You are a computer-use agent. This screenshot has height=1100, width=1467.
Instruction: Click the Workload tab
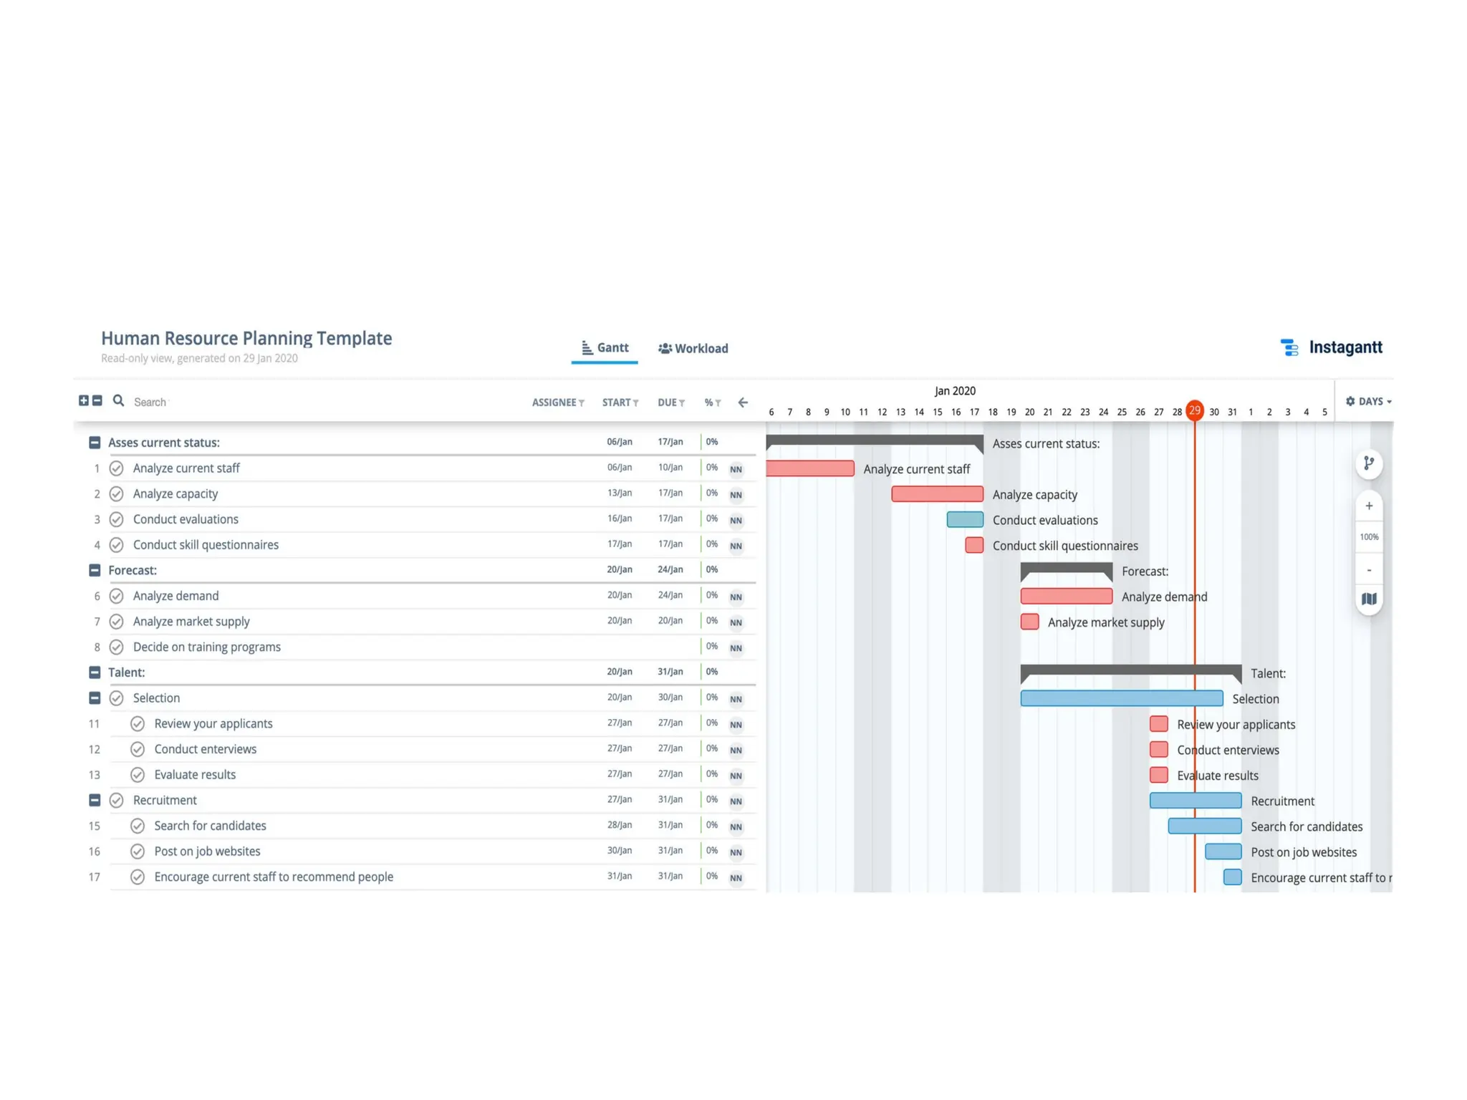pyautogui.click(x=693, y=349)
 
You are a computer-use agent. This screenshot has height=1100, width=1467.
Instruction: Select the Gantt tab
pyautogui.click(x=605, y=348)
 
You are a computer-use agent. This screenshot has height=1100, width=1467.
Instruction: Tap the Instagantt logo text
pyautogui.click(x=1345, y=347)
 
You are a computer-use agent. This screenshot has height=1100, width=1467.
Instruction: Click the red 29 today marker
pyautogui.click(x=1194, y=410)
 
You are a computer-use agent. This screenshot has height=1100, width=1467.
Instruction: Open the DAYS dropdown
pyautogui.click(x=1368, y=402)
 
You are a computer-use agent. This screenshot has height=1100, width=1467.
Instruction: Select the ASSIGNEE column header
pyautogui.click(x=557, y=402)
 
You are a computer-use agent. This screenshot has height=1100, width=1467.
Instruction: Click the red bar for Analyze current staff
pyautogui.click(x=809, y=469)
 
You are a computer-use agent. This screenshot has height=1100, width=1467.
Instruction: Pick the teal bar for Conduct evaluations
pyautogui.click(x=964, y=520)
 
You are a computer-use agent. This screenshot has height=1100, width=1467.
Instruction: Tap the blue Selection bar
pyautogui.click(x=1121, y=698)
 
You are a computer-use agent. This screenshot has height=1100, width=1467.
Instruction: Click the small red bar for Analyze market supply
pyautogui.click(x=1029, y=622)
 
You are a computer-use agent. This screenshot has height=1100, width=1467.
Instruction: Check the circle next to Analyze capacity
pyautogui.click(x=116, y=494)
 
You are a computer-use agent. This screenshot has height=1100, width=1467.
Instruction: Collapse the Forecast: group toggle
pyautogui.click(x=95, y=570)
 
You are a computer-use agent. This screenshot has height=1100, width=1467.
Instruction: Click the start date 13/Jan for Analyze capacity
pyautogui.click(x=619, y=493)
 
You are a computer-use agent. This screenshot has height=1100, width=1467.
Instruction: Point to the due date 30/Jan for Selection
pyautogui.click(x=670, y=698)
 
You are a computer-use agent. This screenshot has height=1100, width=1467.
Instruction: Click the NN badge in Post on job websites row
pyautogui.click(x=736, y=852)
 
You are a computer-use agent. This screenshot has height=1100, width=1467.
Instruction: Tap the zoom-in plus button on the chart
pyautogui.click(x=1368, y=506)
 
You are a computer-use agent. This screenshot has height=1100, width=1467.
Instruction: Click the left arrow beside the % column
pyautogui.click(x=743, y=402)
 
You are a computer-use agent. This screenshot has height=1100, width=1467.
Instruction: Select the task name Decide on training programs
pyautogui.click(x=206, y=647)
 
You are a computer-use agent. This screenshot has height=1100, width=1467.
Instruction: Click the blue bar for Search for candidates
pyautogui.click(x=1204, y=826)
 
